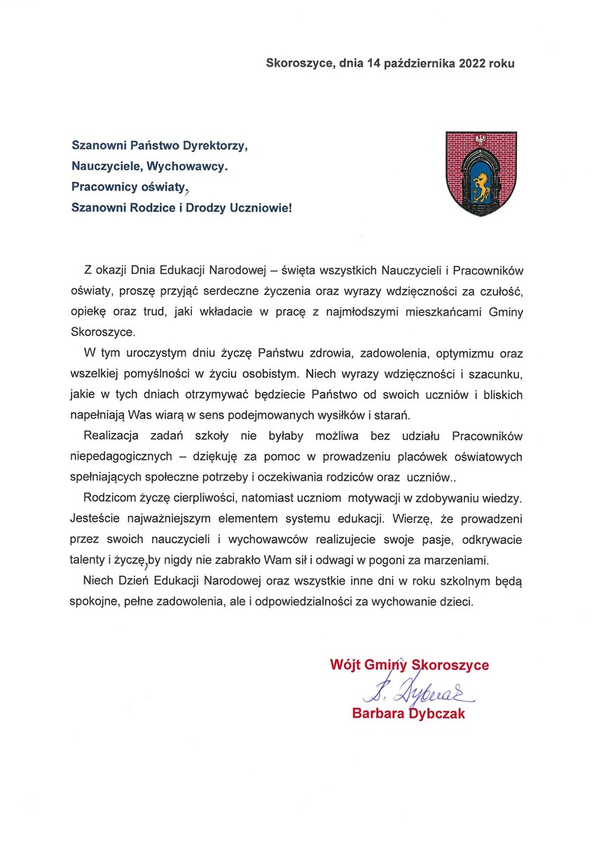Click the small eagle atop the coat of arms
pos(481,139)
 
